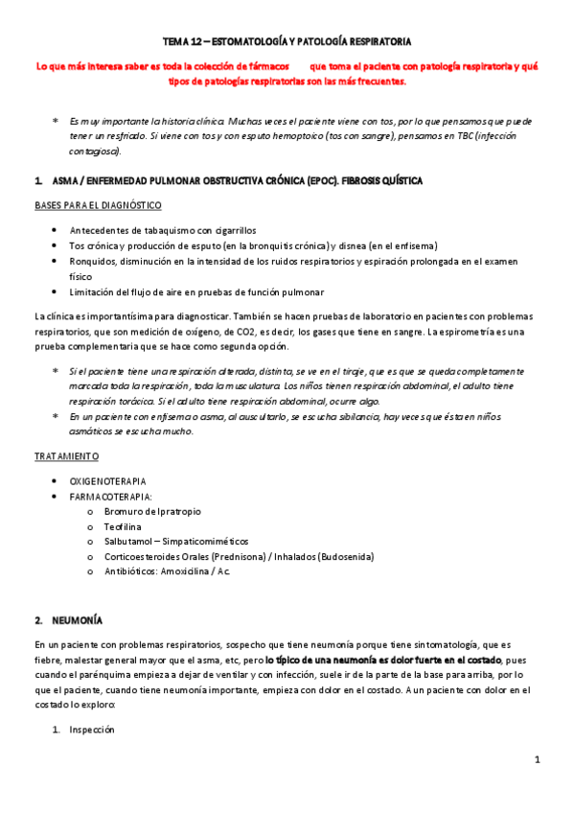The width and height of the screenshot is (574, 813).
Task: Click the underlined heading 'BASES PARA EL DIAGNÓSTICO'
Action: coord(97,205)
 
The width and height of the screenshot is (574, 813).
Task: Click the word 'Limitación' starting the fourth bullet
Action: coord(94,291)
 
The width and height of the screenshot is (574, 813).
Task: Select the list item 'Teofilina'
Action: coord(126,526)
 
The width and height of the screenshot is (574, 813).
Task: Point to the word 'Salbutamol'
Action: coord(130,542)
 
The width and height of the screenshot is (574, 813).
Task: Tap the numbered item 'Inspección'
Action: coord(91,730)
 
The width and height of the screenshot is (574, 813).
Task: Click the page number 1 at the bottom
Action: coord(538,760)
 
